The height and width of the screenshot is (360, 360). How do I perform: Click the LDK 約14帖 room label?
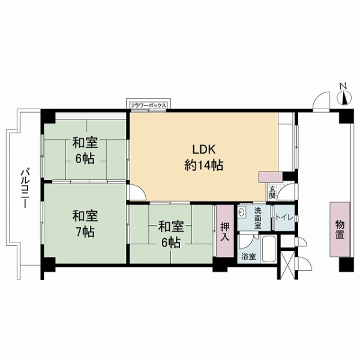click(x=203, y=157)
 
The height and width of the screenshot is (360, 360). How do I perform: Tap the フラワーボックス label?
click(x=148, y=106)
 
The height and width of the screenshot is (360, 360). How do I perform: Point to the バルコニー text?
click(x=25, y=189)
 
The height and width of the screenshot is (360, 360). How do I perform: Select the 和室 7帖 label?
click(x=85, y=224)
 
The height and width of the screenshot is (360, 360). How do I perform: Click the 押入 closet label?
click(x=225, y=232)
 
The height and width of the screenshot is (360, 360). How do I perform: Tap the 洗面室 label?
click(x=257, y=218)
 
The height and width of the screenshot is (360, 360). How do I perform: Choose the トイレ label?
click(x=284, y=217)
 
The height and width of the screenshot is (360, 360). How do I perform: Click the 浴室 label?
click(x=248, y=256)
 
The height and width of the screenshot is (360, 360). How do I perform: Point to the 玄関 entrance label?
click(x=272, y=193)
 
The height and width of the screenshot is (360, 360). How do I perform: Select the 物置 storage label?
click(x=340, y=229)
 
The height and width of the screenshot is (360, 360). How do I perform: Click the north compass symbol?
click(x=344, y=98)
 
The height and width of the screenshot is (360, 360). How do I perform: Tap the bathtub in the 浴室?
click(x=269, y=249)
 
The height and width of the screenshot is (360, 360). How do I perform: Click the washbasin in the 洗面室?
click(x=242, y=212)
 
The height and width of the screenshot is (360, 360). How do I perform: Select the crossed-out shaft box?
click(x=287, y=265)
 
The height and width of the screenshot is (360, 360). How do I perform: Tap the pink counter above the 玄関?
click(x=271, y=177)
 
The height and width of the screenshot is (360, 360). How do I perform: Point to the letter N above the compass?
click(x=343, y=86)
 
